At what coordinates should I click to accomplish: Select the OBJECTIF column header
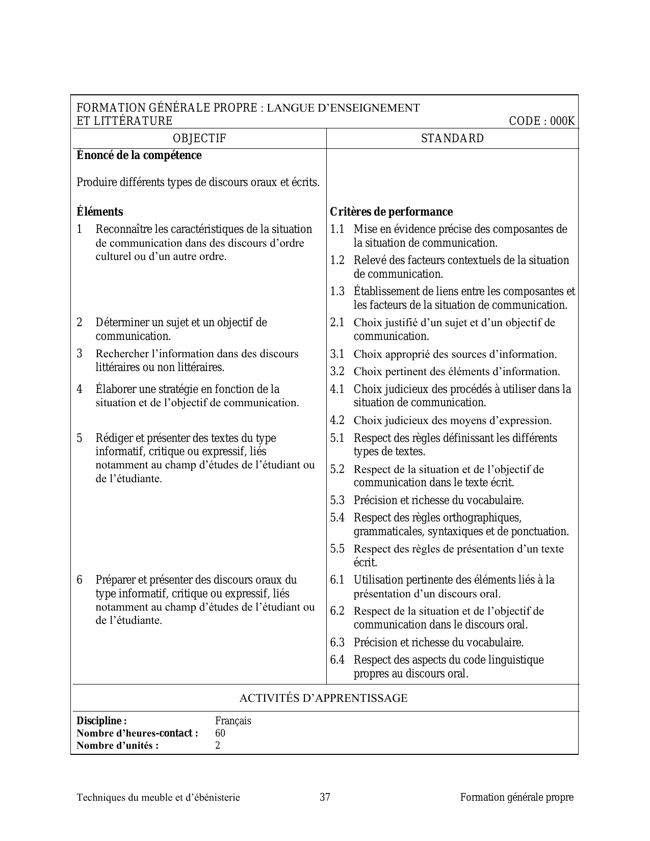pyautogui.click(x=199, y=138)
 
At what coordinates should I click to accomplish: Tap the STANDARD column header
pyautogui.click(x=452, y=138)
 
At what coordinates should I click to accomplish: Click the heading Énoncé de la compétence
pyautogui.click(x=139, y=155)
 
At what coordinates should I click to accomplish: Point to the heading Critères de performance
pyautogui.click(x=391, y=212)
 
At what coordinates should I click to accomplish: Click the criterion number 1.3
pyautogui.click(x=337, y=292)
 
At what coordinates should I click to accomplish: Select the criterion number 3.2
pyautogui.click(x=337, y=372)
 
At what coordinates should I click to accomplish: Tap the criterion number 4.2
pyautogui.click(x=337, y=420)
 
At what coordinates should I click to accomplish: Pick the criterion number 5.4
pyautogui.click(x=337, y=518)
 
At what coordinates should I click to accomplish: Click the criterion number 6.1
pyautogui.click(x=337, y=580)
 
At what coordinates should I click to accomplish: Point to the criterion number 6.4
pyautogui.click(x=337, y=660)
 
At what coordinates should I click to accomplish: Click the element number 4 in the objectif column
pyautogui.click(x=80, y=389)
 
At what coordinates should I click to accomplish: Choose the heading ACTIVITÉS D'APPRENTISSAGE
pyautogui.click(x=323, y=698)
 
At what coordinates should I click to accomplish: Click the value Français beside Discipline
pyautogui.click(x=233, y=721)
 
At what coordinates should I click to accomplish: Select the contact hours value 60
pyautogui.click(x=220, y=733)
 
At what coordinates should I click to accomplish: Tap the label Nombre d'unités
pyautogui.click(x=117, y=746)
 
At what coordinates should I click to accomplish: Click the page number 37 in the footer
pyautogui.click(x=325, y=797)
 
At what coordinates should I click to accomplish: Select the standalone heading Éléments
pyautogui.click(x=99, y=212)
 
